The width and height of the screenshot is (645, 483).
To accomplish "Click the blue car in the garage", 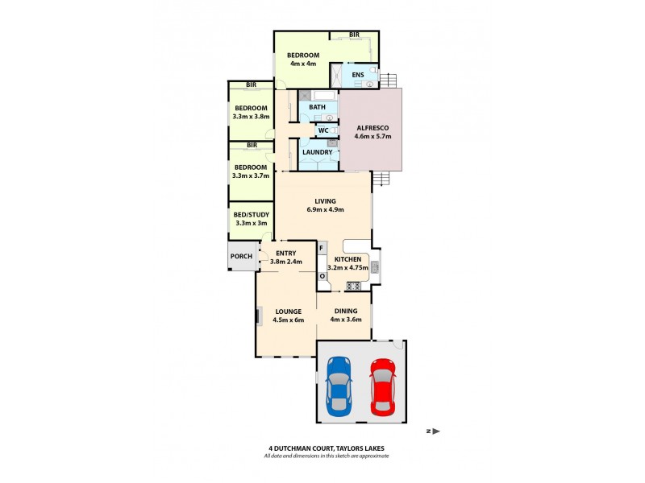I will pos(339,384).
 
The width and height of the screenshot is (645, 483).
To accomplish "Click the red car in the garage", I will pos(382,384).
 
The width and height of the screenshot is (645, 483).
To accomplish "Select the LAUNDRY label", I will pos(317,152).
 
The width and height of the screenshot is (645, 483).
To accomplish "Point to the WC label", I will pos(322,130).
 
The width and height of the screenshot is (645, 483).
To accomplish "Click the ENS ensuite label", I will pos(358,76).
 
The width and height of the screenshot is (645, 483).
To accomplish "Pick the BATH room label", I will pos(318,107).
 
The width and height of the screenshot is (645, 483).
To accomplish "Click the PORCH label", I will pos(241,257).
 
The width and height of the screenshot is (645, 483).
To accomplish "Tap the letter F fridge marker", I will pos(322,248).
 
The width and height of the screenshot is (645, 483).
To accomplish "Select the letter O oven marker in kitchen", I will pos(322,275).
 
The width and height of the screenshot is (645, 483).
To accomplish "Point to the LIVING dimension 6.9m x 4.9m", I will pos(325,209).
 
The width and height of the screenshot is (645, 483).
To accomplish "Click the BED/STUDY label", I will pos(251,214).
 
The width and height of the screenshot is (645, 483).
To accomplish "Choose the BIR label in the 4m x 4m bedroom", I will pos(354,35).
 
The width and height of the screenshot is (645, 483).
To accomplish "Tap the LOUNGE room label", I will pos(288,311).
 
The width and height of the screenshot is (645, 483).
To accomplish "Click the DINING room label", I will pos(346,311).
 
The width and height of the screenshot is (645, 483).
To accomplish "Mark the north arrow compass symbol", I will pos(435,431).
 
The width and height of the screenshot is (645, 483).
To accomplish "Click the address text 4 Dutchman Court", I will pos(327,449).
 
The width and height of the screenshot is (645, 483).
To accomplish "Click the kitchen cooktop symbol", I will pos(352,285).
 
